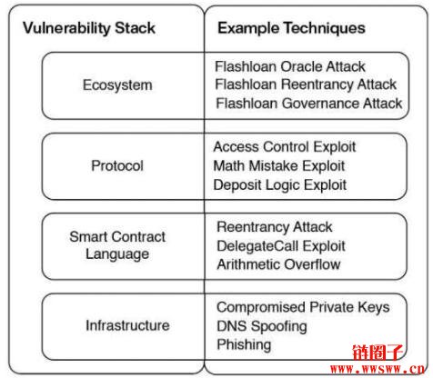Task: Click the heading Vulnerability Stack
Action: tap(89, 28)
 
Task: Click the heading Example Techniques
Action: tap(291, 28)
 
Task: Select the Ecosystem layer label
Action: tap(117, 85)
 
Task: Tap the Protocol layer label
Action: tap(117, 165)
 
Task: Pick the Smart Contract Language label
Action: tap(117, 245)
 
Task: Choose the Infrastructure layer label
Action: tap(127, 325)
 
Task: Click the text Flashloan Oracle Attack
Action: tap(290, 66)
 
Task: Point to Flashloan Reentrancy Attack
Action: tap(306, 85)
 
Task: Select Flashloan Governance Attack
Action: tap(309, 104)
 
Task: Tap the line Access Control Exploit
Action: tap(285, 147)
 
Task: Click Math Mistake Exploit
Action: tap(279, 166)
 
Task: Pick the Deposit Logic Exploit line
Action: tap(280, 185)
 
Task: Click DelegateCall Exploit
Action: tap(281, 246)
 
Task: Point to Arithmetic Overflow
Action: tap(278, 264)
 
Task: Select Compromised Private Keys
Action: tap(303, 307)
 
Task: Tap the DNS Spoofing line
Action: tap(262, 326)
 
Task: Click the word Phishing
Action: tap(244, 345)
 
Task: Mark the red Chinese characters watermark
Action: tap(378, 353)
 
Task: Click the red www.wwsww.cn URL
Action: tap(378, 369)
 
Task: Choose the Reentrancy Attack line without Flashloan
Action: tap(275, 227)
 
